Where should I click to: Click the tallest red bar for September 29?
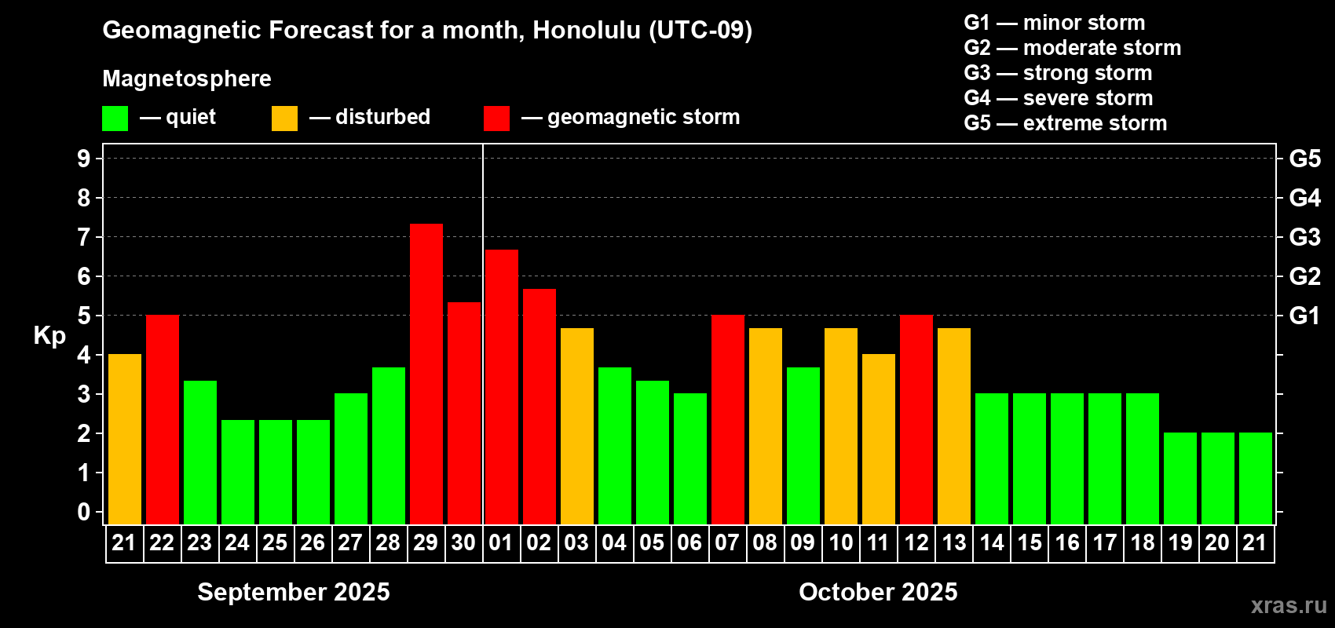tap(426, 374)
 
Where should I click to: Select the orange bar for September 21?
tap(125, 439)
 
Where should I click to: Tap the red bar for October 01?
tap(501, 387)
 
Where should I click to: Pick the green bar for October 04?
tap(614, 446)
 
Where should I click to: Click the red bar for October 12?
tap(916, 419)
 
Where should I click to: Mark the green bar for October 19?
tap(1180, 478)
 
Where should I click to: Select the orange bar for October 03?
tap(577, 426)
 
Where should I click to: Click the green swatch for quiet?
tap(115, 118)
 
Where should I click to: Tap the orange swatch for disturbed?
tap(284, 118)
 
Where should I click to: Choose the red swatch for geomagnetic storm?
tap(496, 118)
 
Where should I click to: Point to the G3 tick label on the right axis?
tap(1304, 237)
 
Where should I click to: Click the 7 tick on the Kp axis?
tap(83, 237)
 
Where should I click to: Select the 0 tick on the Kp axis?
tap(83, 512)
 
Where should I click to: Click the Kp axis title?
tap(49, 335)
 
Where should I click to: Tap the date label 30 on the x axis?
tap(463, 542)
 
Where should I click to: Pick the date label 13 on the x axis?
tap(953, 542)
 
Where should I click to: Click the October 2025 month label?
tap(878, 592)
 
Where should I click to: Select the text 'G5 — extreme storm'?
tap(1065, 123)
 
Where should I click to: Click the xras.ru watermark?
tap(1289, 605)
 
